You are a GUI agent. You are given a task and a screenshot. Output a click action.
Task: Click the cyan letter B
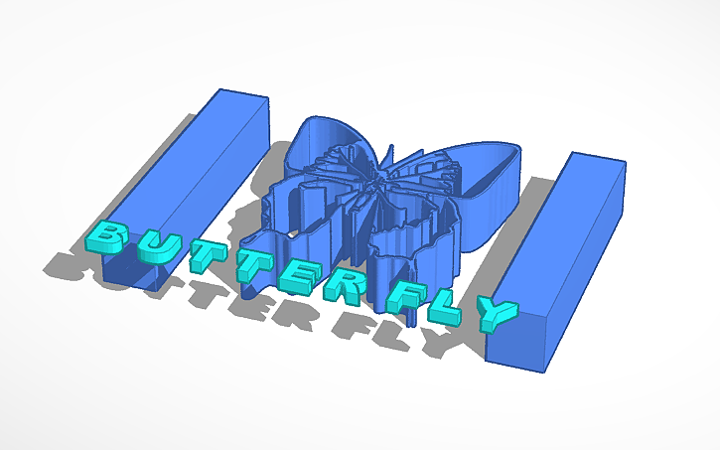click(105, 236)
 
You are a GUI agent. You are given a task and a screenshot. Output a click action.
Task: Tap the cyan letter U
click(149, 248)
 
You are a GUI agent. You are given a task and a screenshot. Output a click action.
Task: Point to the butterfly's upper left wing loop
click(328, 134)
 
